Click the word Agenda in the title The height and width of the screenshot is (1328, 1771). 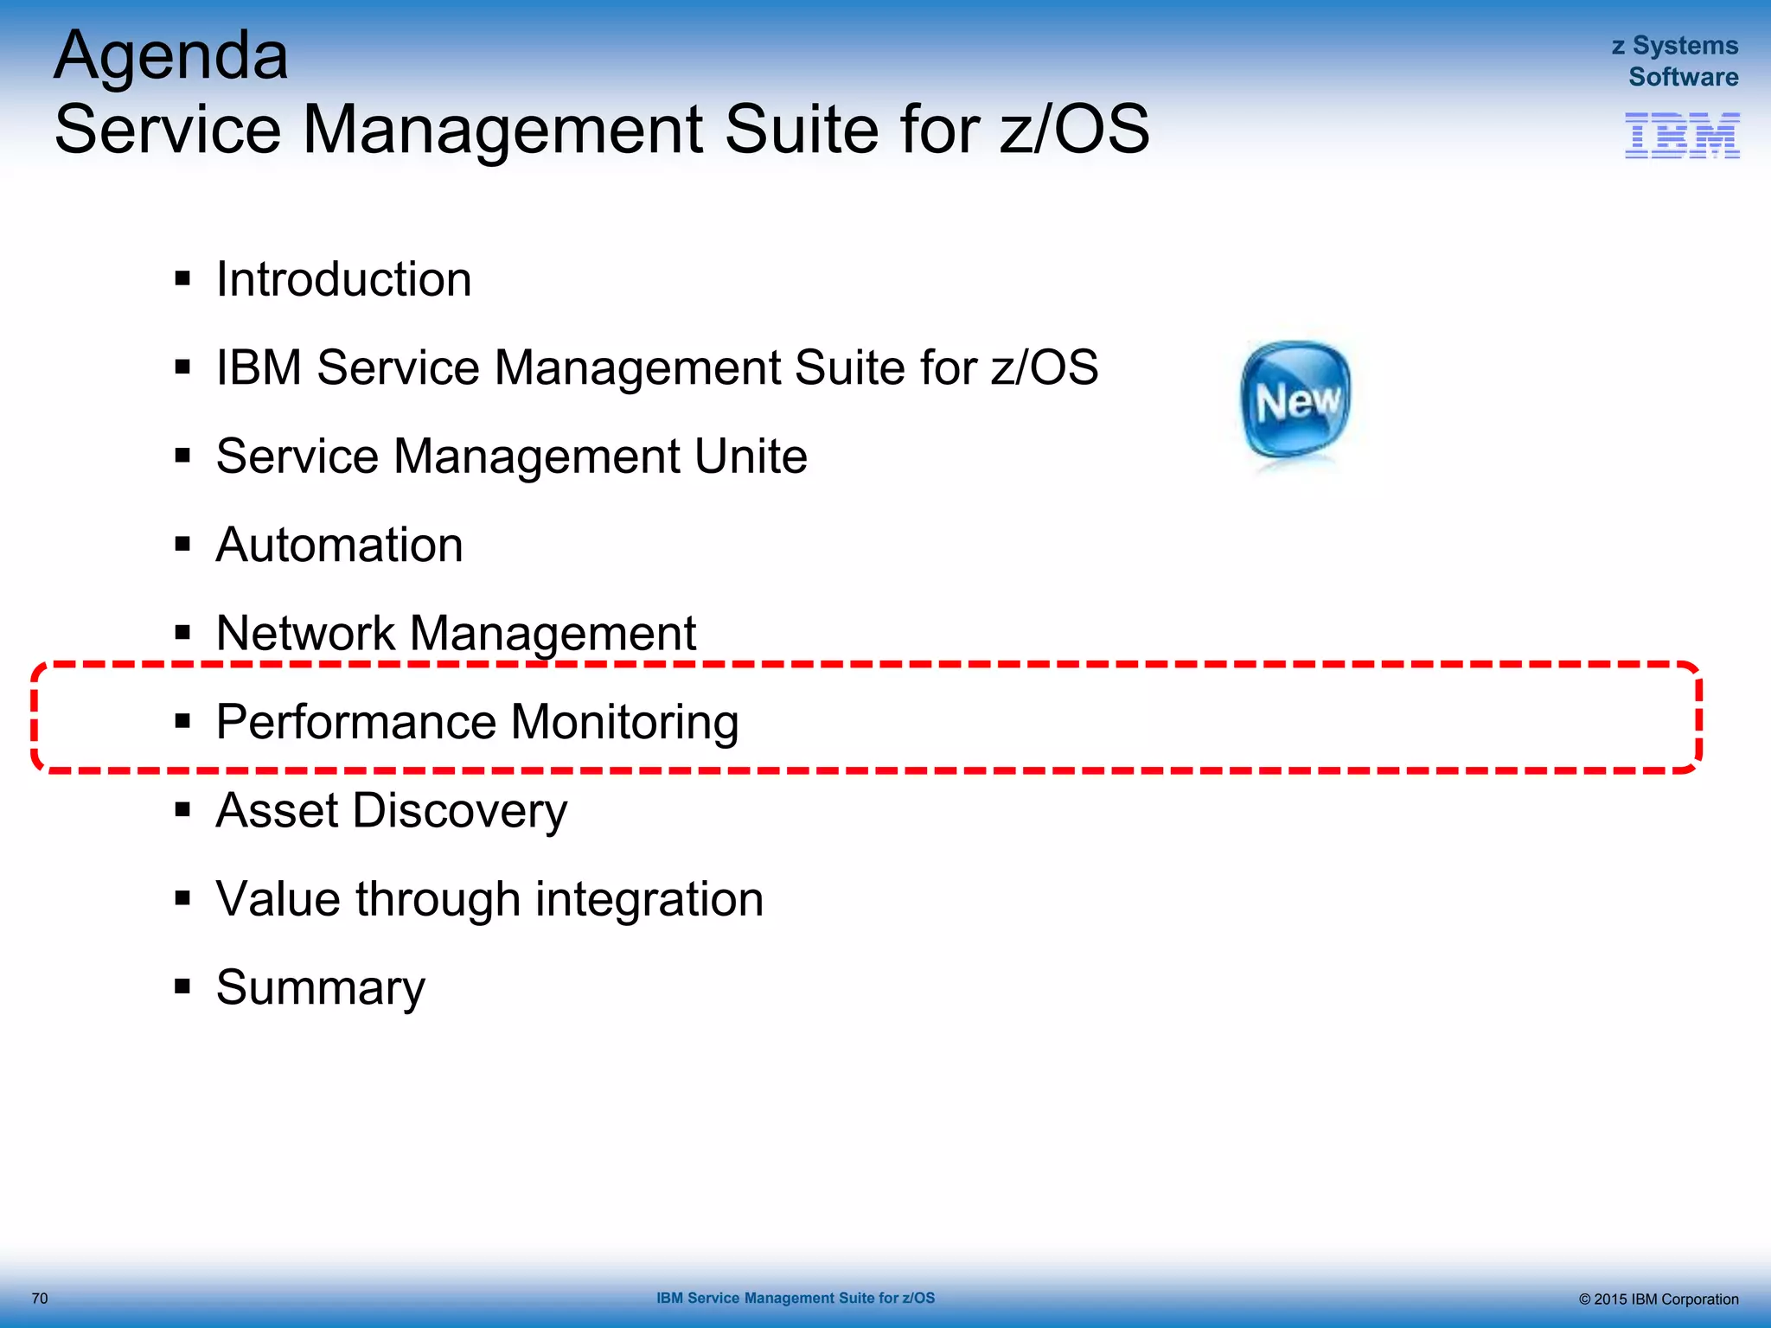171,57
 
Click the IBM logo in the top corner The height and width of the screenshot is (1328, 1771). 1682,136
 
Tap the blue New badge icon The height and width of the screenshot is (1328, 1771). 1295,400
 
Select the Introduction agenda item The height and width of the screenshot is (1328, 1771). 343,279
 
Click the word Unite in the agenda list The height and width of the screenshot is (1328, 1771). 751,456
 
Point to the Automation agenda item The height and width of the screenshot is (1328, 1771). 339,545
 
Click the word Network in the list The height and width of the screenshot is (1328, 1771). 305,633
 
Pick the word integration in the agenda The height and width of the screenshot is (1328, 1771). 649,900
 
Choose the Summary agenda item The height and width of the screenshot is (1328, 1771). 320,988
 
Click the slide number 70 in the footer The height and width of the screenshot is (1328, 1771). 40,1298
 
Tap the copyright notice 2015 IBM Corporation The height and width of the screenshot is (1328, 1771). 1658,1299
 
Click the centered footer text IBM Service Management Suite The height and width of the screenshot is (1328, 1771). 795,1298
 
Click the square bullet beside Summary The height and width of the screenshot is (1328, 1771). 182,986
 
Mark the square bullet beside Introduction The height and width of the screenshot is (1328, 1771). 182,278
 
